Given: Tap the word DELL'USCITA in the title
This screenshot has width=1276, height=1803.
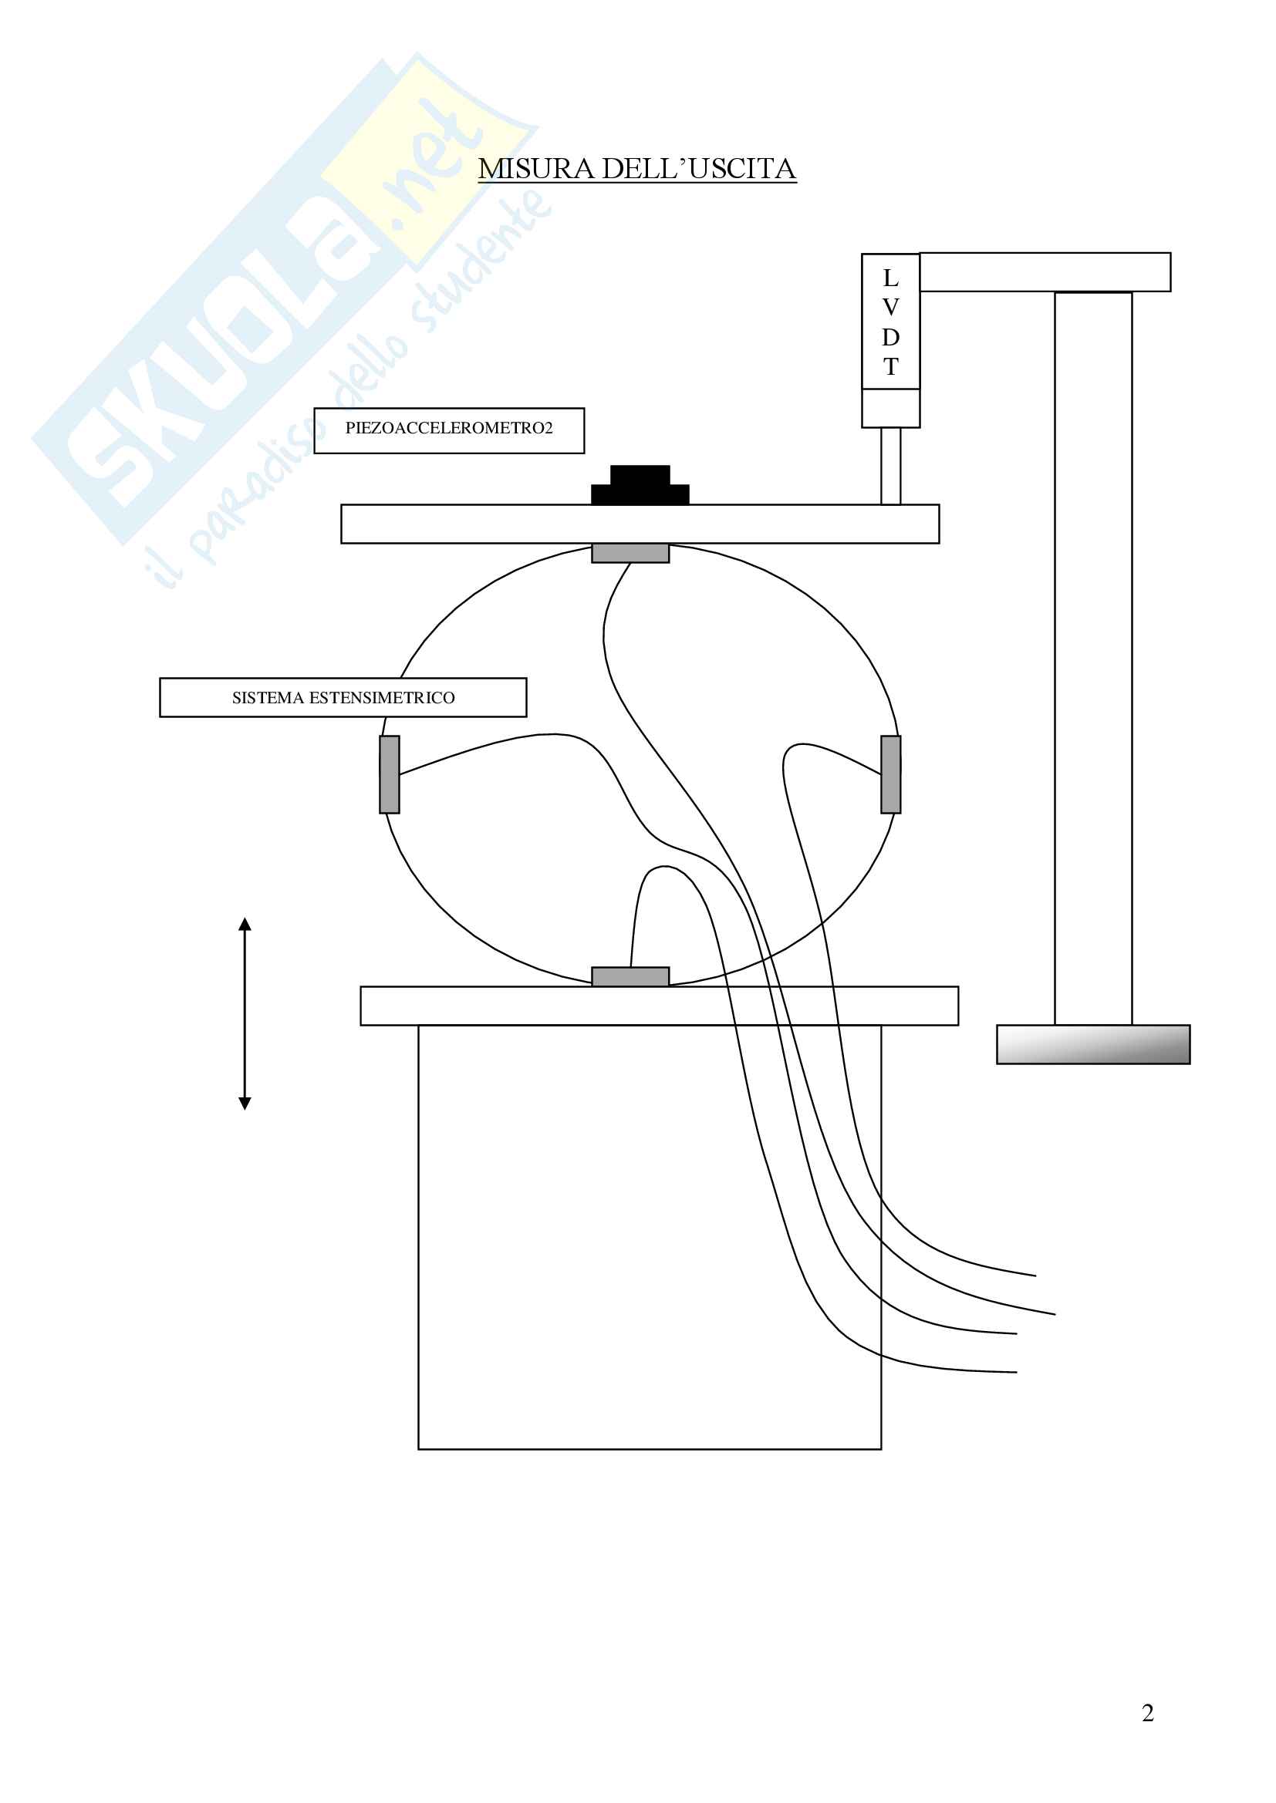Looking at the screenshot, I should tap(698, 169).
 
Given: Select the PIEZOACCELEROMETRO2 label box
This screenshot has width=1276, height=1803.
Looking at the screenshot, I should tap(449, 430).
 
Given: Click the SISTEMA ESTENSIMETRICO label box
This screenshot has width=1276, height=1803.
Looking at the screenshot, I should tap(343, 697).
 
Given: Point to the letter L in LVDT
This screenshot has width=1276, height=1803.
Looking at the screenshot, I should tap(890, 278).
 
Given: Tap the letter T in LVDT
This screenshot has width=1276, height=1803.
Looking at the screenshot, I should tap(890, 367).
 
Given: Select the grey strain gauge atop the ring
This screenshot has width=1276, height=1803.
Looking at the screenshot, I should tap(630, 553).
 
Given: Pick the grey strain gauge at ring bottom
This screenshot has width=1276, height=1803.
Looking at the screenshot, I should tap(630, 976).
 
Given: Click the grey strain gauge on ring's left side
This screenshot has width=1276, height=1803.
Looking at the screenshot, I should tap(390, 774).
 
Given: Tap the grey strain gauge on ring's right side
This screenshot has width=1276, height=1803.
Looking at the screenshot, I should tap(890, 774).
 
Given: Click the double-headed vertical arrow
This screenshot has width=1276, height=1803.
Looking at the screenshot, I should tap(245, 1013).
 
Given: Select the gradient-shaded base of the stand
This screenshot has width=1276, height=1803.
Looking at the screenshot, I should tap(1093, 1044).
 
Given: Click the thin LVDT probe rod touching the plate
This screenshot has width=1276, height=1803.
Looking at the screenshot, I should tap(890, 466).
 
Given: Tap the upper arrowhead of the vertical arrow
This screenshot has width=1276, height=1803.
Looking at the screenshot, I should tap(245, 925).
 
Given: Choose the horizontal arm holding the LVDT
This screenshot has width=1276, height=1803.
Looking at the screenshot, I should tap(1045, 271).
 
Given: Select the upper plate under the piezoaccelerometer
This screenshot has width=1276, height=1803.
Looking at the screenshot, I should tap(640, 524).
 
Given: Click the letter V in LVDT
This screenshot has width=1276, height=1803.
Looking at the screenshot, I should tap(890, 307).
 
